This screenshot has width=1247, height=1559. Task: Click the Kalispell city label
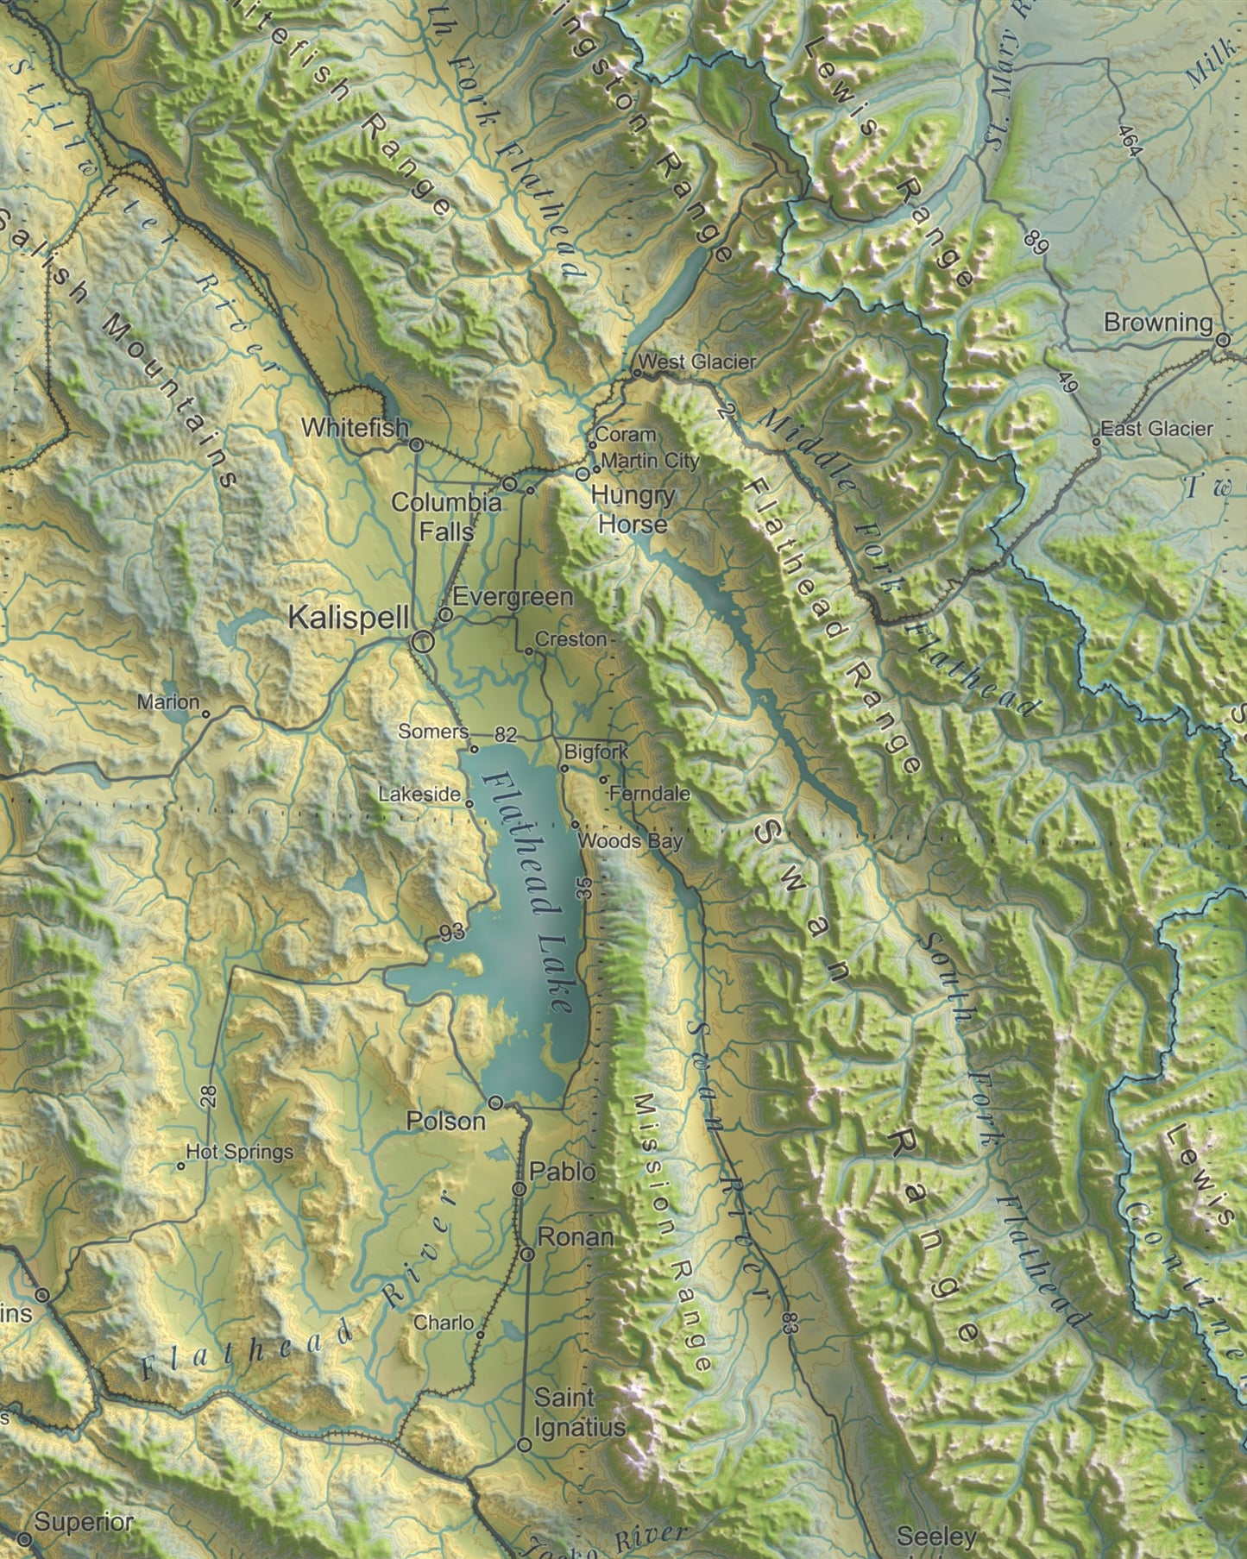(x=347, y=618)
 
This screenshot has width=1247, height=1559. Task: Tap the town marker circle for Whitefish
(x=415, y=445)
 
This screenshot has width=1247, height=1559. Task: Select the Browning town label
(x=1158, y=323)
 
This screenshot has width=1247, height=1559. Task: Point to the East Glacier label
(x=1156, y=429)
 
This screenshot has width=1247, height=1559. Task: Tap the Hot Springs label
(x=240, y=1152)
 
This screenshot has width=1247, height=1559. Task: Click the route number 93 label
(x=451, y=933)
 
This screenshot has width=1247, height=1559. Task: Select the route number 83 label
(x=787, y=1323)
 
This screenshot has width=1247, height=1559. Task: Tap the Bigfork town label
(x=596, y=752)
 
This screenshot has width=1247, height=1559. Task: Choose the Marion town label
(x=168, y=702)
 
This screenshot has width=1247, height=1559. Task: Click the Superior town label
(x=84, y=1524)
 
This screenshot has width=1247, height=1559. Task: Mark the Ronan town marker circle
(x=527, y=1254)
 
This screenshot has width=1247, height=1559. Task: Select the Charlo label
(x=444, y=1323)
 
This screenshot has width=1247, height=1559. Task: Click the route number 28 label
(x=208, y=1097)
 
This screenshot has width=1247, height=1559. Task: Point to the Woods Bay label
(x=630, y=840)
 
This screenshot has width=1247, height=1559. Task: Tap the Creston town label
(x=570, y=639)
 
